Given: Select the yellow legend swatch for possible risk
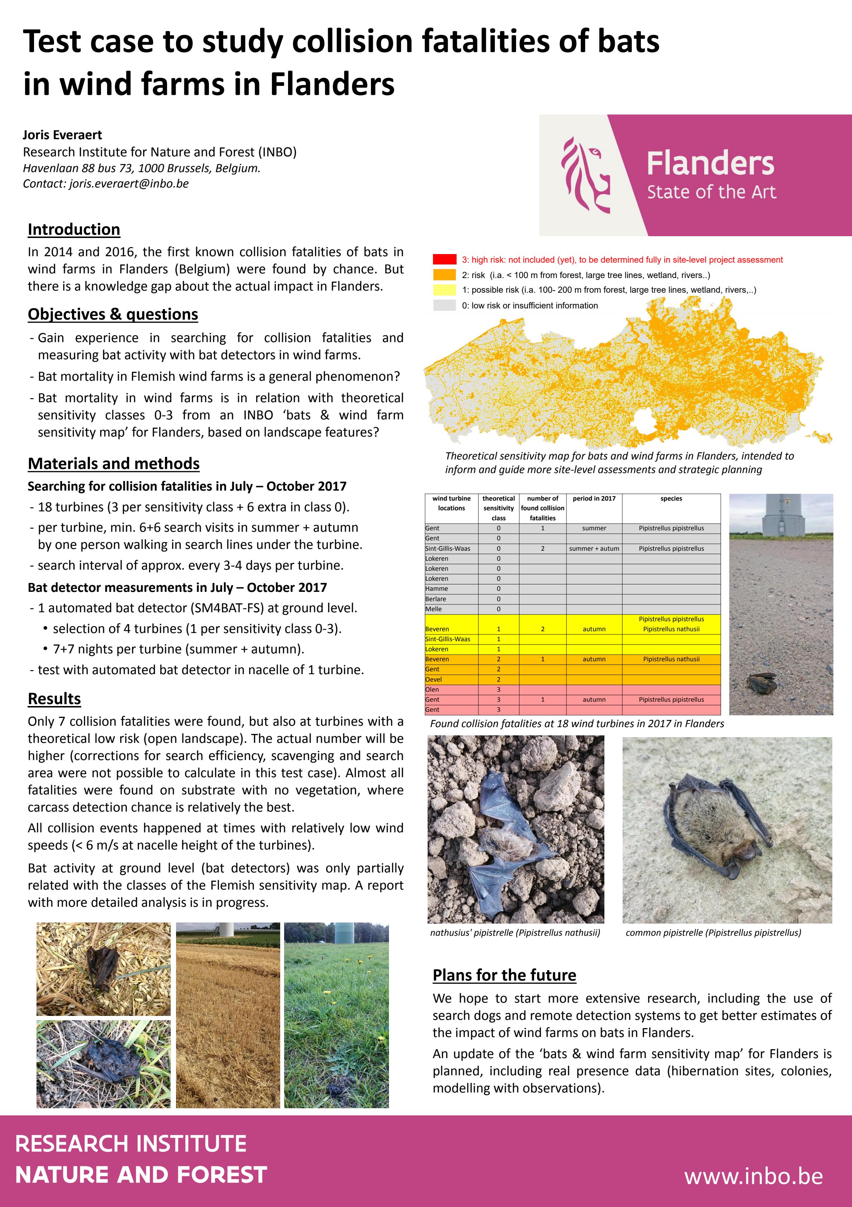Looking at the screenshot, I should pos(444,289).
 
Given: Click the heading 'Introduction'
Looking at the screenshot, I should pos(74,229).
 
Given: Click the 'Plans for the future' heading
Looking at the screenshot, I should pos(504,975).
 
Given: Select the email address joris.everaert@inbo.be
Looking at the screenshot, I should pos(129,184).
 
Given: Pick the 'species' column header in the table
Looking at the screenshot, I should pos(671,498).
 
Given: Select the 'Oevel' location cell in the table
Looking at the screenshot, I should pos(434,679).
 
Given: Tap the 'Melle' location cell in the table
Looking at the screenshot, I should pos(434,609).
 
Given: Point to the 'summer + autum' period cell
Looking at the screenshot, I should pos(594,548).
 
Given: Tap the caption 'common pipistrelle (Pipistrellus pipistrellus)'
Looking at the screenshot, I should pos(713,933).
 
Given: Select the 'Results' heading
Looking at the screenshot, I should pos(54,698).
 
